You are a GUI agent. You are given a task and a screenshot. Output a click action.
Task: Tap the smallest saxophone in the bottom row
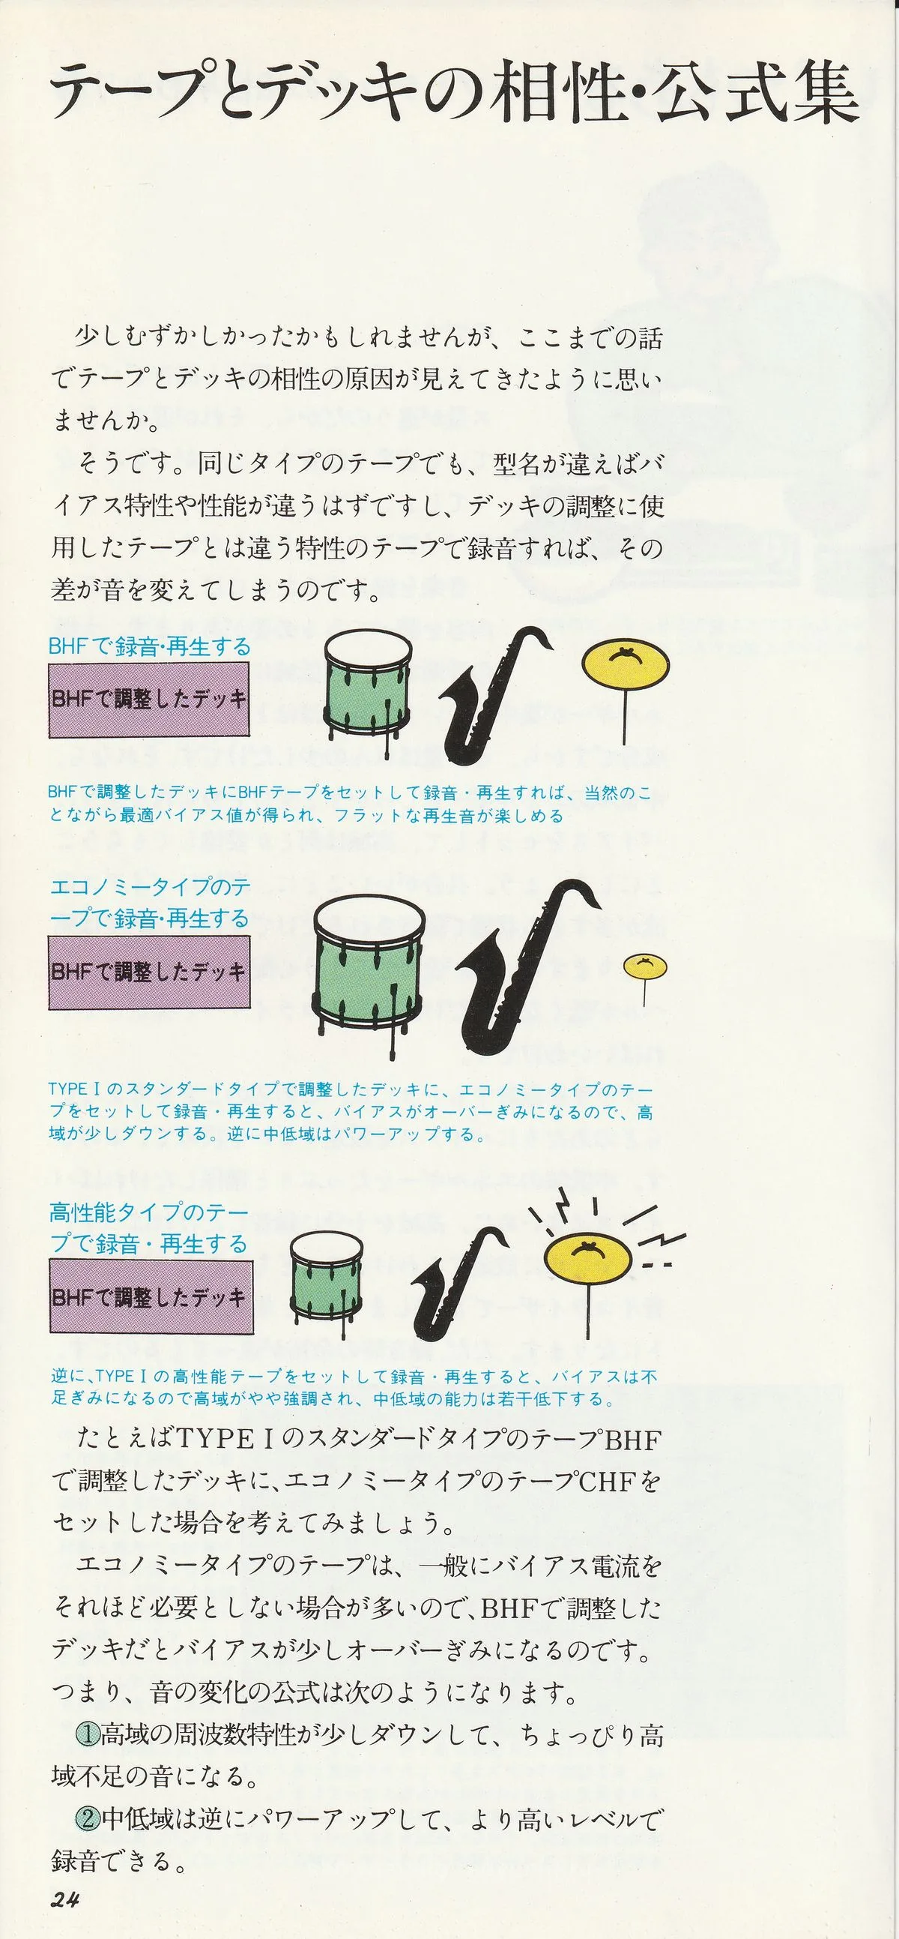click(458, 1281)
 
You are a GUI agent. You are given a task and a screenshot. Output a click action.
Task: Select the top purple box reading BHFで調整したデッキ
click(149, 700)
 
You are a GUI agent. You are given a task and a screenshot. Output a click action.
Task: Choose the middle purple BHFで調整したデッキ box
click(149, 972)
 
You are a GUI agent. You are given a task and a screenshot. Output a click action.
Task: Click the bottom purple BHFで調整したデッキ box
click(151, 1297)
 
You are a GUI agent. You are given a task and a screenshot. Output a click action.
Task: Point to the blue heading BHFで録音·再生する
click(149, 646)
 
